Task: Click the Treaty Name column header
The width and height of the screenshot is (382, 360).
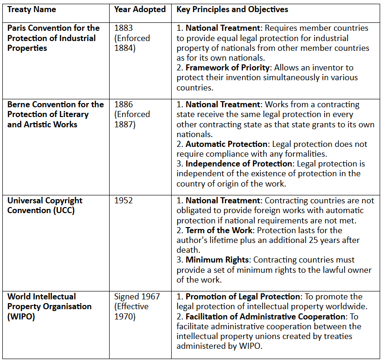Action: [32, 9]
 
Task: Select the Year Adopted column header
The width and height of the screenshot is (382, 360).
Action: [139, 9]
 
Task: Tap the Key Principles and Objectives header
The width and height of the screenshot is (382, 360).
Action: [232, 9]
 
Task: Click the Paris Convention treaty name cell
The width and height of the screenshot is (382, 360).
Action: [54, 38]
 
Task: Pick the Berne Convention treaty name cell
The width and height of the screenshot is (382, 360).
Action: [56, 114]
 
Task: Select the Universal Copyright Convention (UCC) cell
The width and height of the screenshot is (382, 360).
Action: [45, 205]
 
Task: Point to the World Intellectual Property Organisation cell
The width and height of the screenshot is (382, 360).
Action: [49, 306]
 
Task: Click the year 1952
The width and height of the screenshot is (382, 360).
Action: [124, 201]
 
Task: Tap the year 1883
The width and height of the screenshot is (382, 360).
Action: [124, 28]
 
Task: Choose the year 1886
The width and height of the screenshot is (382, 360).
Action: [124, 104]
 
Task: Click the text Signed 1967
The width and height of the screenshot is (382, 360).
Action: [137, 297]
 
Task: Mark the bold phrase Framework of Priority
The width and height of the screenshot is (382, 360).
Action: [228, 68]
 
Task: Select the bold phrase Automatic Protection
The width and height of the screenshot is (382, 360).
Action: [227, 145]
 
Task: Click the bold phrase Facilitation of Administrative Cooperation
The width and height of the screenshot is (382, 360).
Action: [264, 316]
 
